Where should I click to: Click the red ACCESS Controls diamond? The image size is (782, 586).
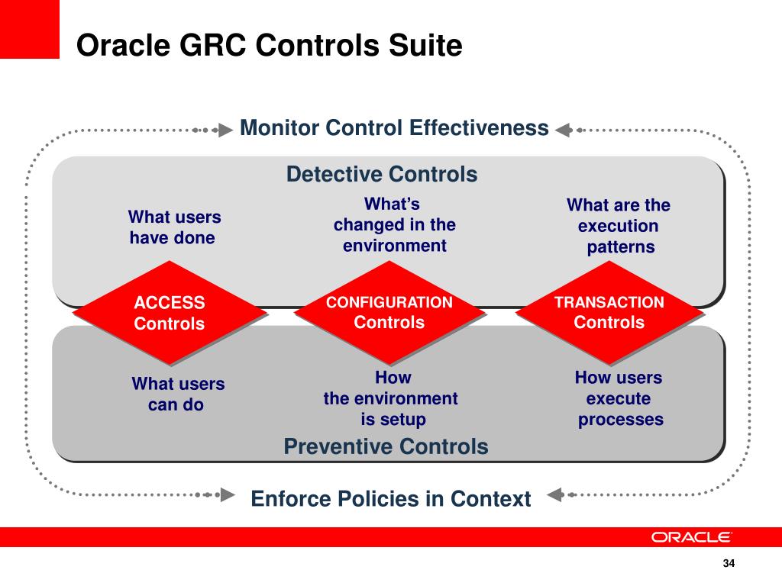pos(170,313)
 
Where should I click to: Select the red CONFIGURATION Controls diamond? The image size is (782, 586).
pos(389,312)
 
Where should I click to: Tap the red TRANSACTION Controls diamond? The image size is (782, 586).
pos(609,312)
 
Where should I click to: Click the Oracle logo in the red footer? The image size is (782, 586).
pos(691,537)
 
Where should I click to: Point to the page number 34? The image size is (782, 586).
pos(728,564)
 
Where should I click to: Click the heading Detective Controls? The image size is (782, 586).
pos(382,175)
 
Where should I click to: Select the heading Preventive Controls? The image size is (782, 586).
pos(386,446)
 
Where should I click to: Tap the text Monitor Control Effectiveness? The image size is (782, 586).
pos(394,127)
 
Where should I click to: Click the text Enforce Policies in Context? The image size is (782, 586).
pos(390,499)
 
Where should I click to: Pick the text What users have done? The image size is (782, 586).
pos(174,227)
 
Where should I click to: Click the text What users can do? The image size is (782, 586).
pos(177,394)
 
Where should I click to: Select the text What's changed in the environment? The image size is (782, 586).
pos(394,225)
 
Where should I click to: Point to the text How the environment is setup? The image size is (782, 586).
pos(392,398)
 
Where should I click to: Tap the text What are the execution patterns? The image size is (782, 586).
pos(619,226)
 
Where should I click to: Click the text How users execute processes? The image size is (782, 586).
pos(619,398)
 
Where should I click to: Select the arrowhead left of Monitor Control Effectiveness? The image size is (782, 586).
pos(225,130)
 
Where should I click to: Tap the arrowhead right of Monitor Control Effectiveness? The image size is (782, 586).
pos(564,130)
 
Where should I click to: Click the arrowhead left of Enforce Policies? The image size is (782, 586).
pos(226,494)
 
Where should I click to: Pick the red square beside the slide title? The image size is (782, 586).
pos(29,29)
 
